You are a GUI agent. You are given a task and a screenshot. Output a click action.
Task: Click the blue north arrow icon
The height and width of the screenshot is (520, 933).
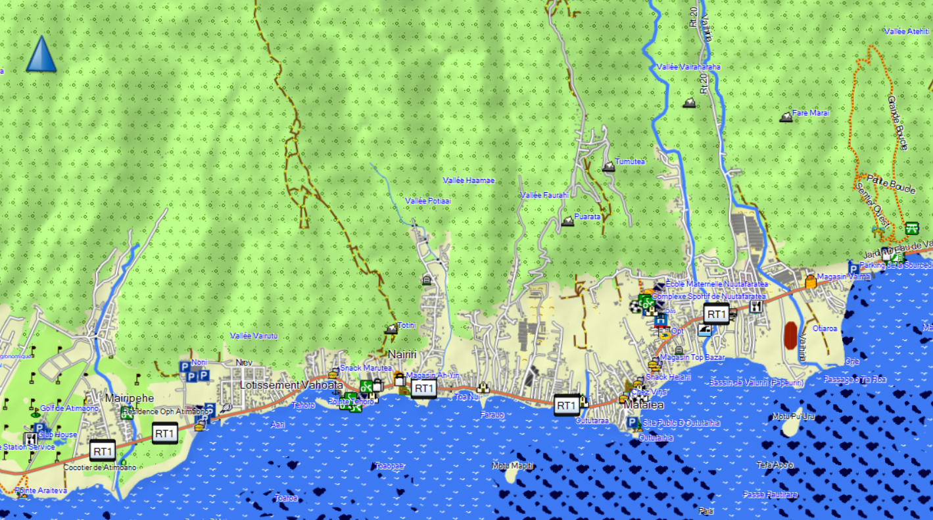click(41, 54)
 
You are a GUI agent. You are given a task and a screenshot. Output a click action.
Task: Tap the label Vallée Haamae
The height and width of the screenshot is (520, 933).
click(468, 180)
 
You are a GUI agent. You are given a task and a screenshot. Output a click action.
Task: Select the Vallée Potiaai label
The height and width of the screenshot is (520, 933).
click(428, 201)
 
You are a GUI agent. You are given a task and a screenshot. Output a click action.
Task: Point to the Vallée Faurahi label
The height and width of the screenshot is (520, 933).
click(544, 195)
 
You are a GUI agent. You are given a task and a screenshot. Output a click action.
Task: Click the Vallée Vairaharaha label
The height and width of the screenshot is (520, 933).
click(688, 67)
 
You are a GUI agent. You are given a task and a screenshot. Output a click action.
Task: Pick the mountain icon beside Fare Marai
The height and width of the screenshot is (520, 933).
click(785, 117)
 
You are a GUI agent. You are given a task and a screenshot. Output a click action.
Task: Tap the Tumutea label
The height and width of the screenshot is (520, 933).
click(630, 162)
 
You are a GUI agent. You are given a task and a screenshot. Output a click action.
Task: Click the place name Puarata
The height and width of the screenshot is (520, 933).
click(587, 216)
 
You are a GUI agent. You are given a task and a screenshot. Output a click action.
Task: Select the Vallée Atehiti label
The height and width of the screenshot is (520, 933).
click(907, 32)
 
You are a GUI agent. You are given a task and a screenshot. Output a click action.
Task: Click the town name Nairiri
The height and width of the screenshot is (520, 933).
click(402, 354)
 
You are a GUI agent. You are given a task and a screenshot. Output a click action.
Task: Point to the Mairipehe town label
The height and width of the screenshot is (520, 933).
click(129, 398)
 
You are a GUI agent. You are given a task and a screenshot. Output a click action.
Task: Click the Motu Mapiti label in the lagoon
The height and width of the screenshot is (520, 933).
click(513, 466)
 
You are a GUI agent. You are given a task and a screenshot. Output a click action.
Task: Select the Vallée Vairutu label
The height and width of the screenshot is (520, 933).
click(254, 336)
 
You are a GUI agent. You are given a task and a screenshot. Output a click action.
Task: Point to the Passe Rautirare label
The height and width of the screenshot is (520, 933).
click(770, 494)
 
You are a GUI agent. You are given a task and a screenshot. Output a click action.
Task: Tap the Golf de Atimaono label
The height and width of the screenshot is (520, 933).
click(69, 408)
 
